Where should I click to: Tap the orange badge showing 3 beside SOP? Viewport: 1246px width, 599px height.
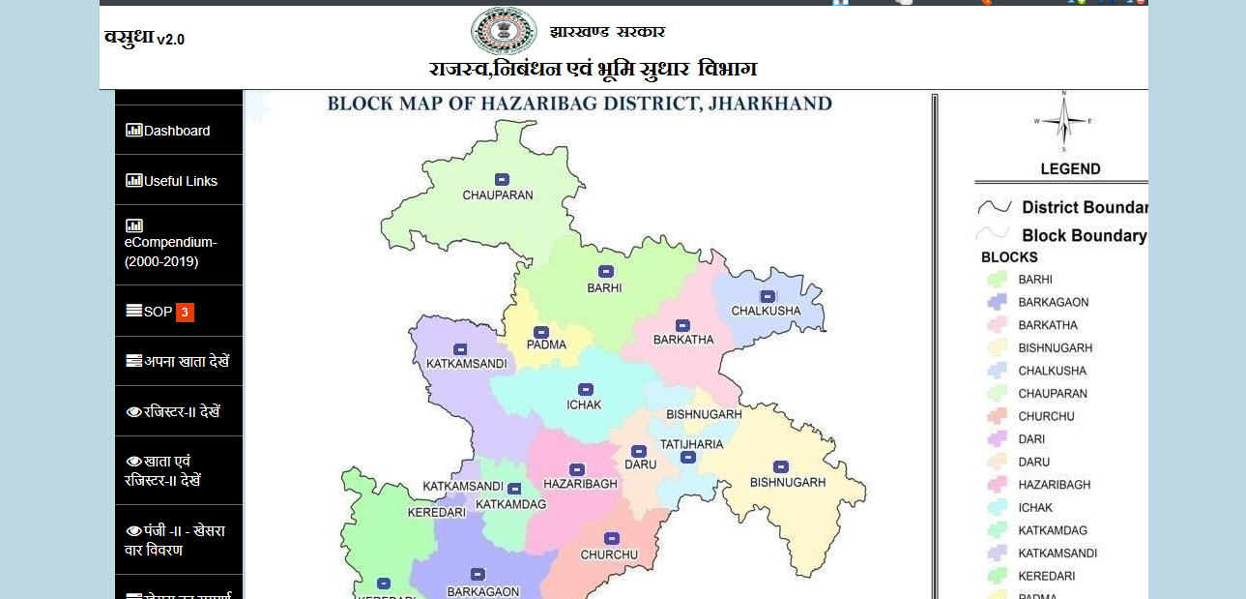coord(185,313)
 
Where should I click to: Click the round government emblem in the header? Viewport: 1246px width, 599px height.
coord(504,31)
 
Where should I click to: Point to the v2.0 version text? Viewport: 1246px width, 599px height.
coord(170,40)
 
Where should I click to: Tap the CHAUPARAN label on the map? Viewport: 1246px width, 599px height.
coord(498,195)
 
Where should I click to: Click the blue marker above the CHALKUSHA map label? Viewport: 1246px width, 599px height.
coord(768,296)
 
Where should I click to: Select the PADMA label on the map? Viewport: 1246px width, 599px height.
coord(546,344)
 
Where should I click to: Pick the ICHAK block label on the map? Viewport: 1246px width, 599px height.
coord(584,404)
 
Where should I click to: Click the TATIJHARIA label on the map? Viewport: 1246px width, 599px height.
coord(691,444)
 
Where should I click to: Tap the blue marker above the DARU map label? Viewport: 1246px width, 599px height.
coord(638,451)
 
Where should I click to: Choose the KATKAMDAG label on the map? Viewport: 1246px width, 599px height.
coord(511,504)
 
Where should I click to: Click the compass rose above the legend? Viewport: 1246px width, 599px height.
coord(1063,122)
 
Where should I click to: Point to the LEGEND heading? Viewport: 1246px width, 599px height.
coord(1070,169)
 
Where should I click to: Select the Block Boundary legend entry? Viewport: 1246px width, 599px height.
coord(1083,235)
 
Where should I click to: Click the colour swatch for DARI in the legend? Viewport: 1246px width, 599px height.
coord(997,438)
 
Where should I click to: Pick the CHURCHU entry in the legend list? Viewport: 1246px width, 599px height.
coord(1046,416)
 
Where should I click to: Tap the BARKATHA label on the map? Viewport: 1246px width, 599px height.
coord(683,340)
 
